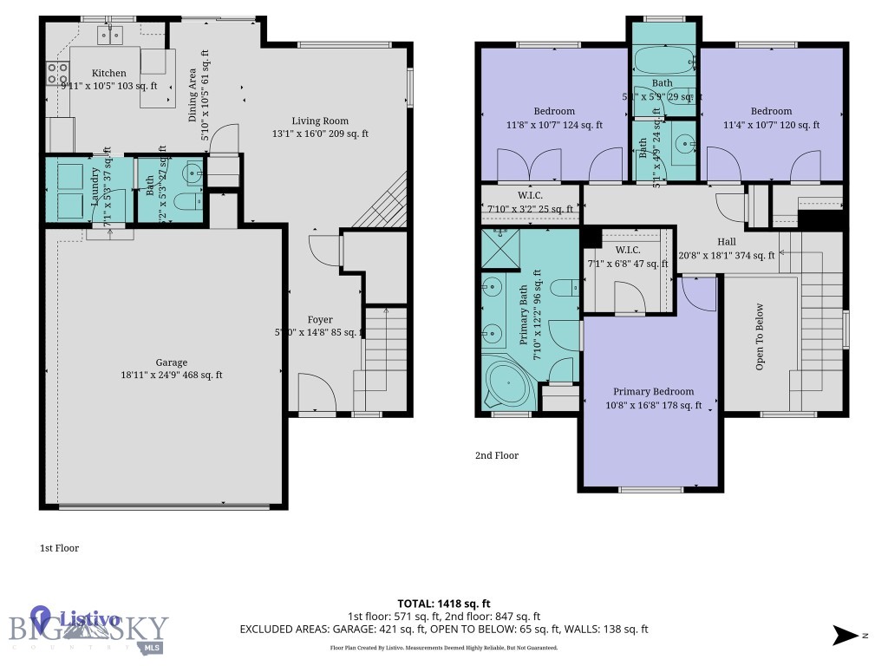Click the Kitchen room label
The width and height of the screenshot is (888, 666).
click(x=109, y=74)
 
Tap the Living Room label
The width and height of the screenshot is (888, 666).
click(x=320, y=121)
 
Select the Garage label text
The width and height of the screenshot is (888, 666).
click(x=172, y=362)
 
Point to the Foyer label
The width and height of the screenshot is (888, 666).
click(x=320, y=320)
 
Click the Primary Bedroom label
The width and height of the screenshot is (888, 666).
click(x=653, y=392)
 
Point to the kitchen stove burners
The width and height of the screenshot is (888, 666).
click(x=58, y=74)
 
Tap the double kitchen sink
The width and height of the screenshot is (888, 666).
click(x=110, y=35)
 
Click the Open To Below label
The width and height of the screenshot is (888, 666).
click(x=760, y=336)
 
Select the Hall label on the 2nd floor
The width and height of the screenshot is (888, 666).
click(x=727, y=242)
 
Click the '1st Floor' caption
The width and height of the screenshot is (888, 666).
click(x=60, y=548)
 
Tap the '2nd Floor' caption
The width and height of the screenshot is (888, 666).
click(x=496, y=455)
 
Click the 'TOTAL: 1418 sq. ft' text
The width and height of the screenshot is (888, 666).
click(x=444, y=604)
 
